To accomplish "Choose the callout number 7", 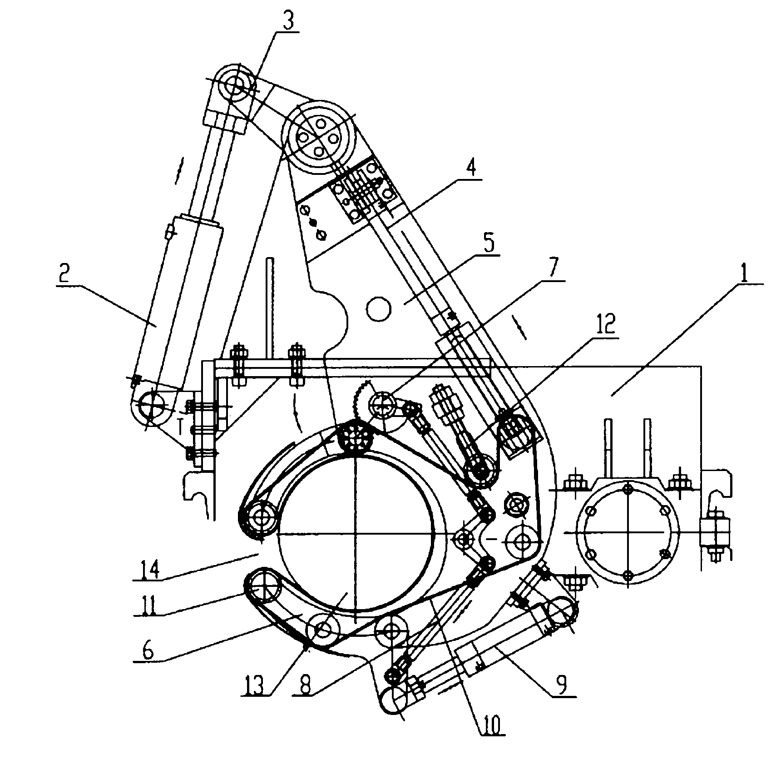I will pos(551,272).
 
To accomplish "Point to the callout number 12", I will pos(608,324).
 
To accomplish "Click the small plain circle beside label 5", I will pos(379,309).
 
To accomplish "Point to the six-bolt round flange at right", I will pos(628,531).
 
